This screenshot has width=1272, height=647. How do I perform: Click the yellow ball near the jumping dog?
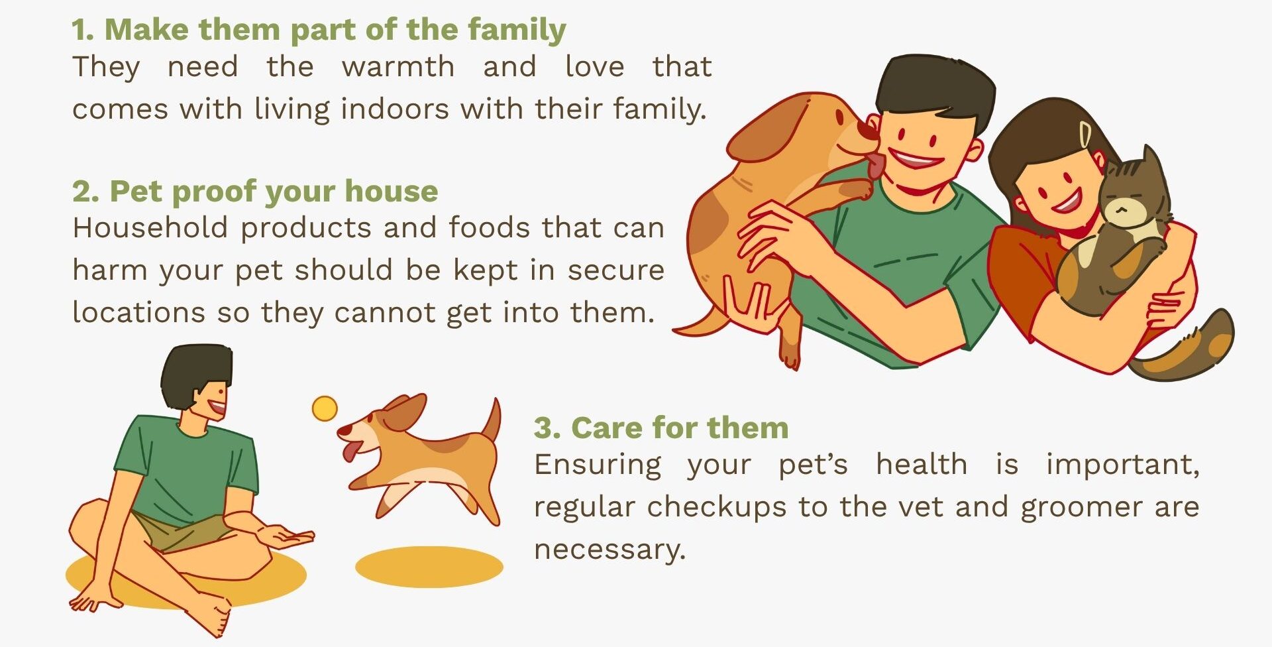point(325,409)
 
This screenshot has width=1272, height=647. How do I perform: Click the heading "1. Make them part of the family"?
point(319,30)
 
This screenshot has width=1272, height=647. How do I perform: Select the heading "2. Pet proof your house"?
point(255,191)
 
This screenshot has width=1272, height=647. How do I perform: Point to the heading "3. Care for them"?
point(661,428)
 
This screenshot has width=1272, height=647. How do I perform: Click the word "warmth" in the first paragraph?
point(398,67)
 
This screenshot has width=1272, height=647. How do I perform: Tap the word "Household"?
point(150,227)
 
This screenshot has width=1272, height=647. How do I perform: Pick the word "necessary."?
point(609,550)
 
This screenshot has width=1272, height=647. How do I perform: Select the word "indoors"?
point(395,108)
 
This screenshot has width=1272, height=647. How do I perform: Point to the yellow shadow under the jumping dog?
point(429,567)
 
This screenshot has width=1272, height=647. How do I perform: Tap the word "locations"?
point(138,312)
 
